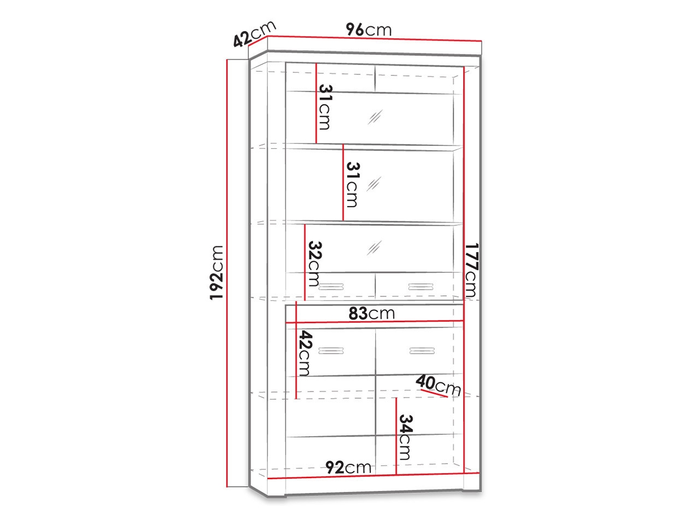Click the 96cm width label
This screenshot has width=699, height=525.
click(x=369, y=30)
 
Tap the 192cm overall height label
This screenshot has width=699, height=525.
click(x=217, y=272)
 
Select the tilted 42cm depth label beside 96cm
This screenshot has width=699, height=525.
click(x=254, y=34)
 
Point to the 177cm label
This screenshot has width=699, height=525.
click(x=471, y=270)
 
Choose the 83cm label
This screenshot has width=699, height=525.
click(x=371, y=313)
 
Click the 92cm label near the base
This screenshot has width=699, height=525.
click(x=348, y=468)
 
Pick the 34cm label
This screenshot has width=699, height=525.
click(x=405, y=437)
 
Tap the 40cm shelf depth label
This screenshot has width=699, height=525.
click(x=438, y=385)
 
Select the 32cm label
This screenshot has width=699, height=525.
click(x=313, y=264)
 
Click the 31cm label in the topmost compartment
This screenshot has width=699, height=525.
click(x=325, y=107)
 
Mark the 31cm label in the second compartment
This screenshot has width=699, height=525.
click(x=353, y=185)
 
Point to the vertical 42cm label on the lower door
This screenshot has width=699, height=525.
click(x=305, y=353)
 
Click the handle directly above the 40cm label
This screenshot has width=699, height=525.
click(x=422, y=351)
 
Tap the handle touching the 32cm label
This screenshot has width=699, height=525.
click(x=331, y=287)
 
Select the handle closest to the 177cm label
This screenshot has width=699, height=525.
click(x=420, y=287)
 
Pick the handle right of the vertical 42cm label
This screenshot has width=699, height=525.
click(x=331, y=351)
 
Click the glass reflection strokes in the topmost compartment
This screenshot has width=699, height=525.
click(x=375, y=117)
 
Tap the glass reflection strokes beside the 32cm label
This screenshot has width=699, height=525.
click(x=374, y=248)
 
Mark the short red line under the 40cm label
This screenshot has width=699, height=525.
click(x=434, y=393)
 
